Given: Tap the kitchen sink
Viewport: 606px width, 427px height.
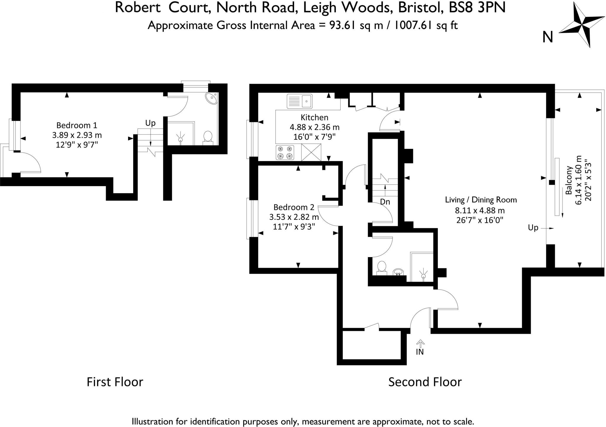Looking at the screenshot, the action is (299, 101).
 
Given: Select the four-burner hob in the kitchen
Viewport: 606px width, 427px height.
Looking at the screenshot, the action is (285, 152).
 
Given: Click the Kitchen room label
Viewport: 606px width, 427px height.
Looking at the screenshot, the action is (314, 118).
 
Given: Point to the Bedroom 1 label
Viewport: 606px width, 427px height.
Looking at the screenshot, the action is (77, 125).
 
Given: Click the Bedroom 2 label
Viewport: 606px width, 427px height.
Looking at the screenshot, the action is (294, 207).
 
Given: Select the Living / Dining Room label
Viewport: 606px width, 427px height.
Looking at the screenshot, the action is (481, 200).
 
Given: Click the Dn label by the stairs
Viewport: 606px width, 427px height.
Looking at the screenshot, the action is (385, 202).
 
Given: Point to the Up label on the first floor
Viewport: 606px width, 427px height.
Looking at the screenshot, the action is (150, 123).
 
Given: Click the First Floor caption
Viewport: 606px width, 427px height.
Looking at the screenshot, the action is (115, 382).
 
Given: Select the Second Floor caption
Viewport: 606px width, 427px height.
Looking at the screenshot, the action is (425, 382).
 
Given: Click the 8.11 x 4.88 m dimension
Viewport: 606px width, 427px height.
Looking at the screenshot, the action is (480, 211).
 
